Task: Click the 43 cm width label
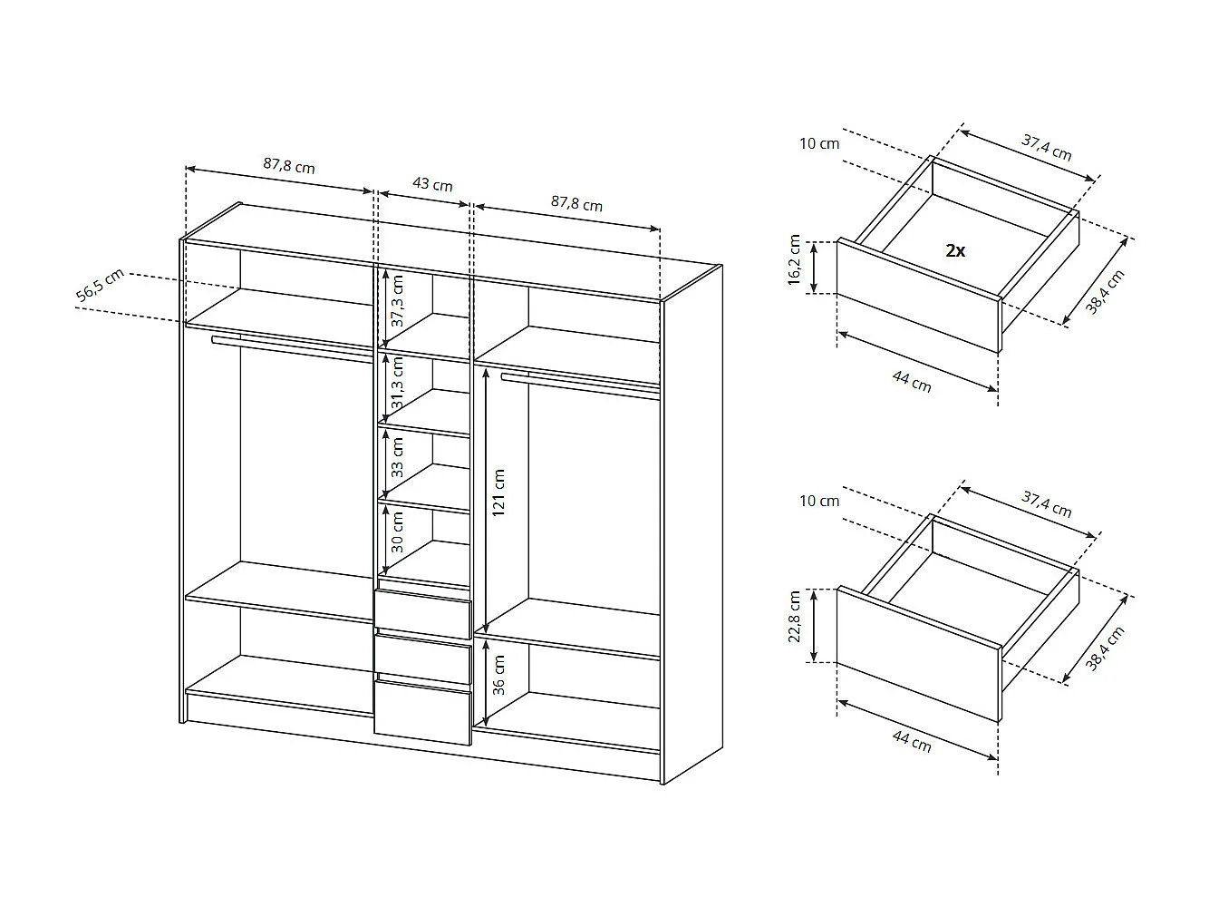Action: [x=432, y=184]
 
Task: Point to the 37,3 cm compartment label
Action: [x=397, y=300]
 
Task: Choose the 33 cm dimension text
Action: [x=397, y=457]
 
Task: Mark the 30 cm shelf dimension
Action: [x=397, y=532]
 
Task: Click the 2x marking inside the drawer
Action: [x=955, y=251]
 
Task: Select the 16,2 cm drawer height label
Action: [x=795, y=262]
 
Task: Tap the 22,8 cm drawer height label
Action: [x=795, y=618]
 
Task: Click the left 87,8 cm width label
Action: [x=289, y=166]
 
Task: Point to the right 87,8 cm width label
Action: [x=576, y=204]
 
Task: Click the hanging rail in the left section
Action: [x=290, y=348]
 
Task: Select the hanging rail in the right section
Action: [x=580, y=384]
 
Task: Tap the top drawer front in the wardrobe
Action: [x=422, y=615]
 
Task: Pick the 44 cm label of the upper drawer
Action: [x=911, y=383]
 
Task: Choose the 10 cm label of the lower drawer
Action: [x=819, y=501]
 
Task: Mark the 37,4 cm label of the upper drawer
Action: [x=1047, y=147]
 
